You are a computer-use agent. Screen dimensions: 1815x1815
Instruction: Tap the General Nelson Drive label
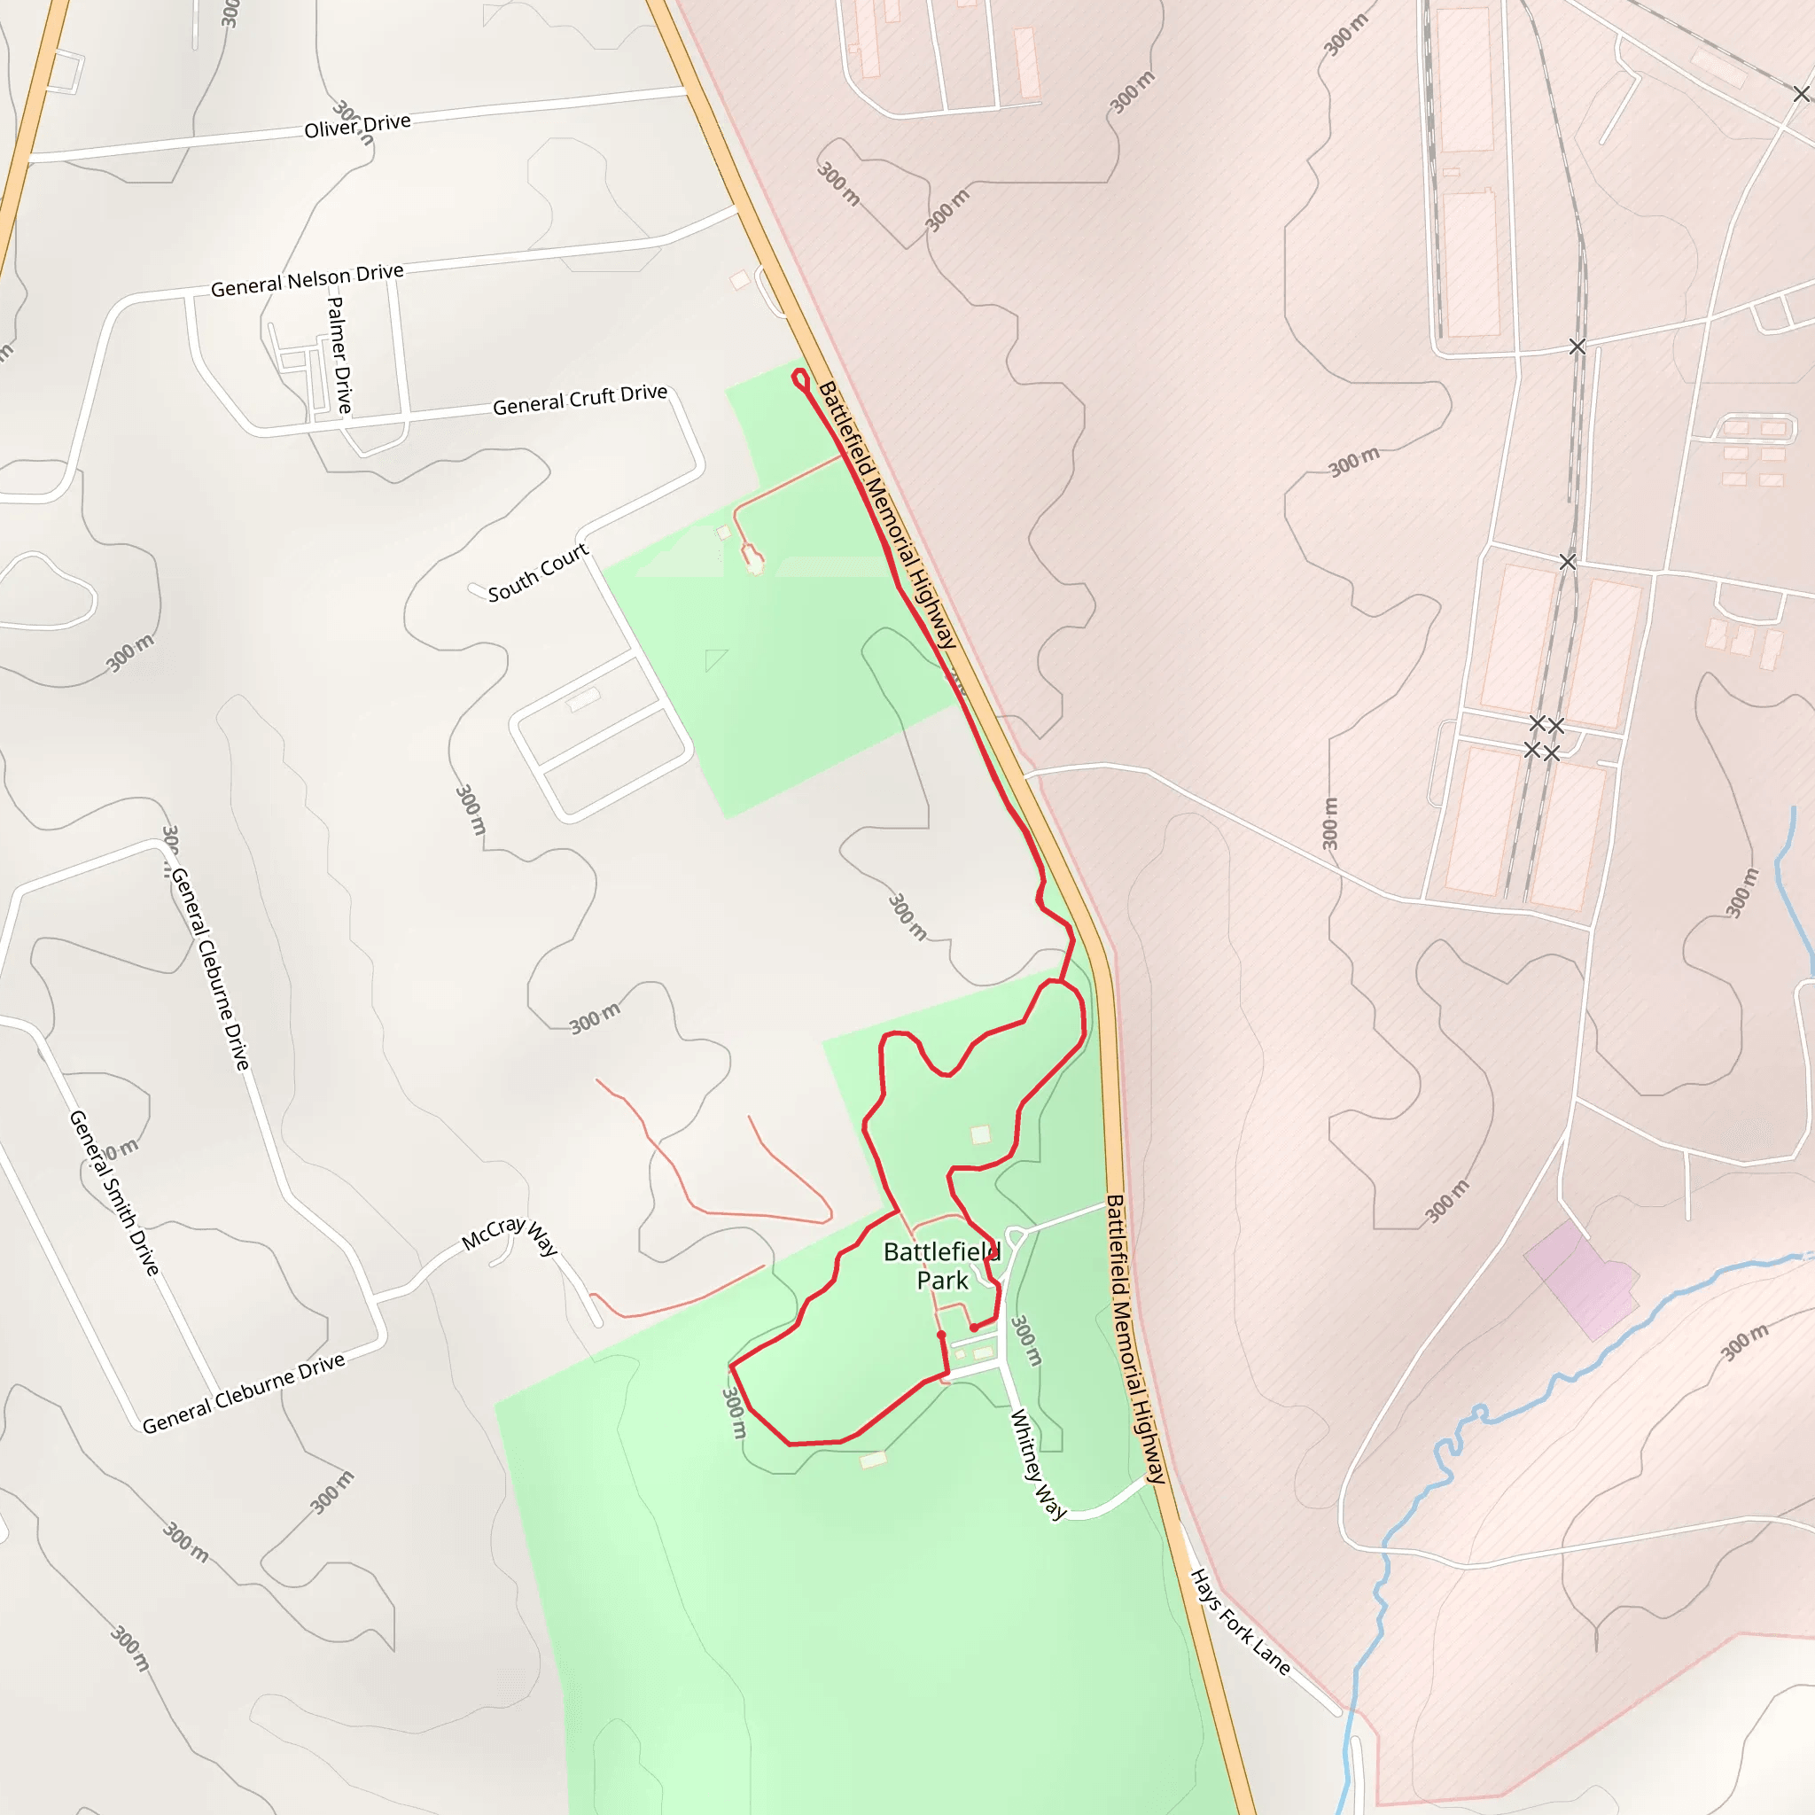(307, 280)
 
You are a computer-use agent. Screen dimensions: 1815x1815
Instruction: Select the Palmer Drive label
(339, 354)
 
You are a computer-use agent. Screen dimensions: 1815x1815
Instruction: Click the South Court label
(537, 573)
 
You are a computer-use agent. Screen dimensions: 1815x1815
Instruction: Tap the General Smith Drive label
(114, 1192)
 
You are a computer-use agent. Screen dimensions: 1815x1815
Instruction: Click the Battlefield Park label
(941, 1266)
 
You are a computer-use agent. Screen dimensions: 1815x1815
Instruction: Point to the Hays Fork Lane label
(1239, 1622)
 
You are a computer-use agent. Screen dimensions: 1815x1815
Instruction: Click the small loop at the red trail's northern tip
(800, 379)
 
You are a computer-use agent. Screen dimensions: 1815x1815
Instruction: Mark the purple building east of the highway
(1582, 1280)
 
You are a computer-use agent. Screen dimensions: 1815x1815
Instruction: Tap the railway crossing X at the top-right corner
(1801, 94)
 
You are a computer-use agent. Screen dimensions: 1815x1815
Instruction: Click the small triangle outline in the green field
(715, 658)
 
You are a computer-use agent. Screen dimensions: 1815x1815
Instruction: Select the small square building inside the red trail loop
(980, 1133)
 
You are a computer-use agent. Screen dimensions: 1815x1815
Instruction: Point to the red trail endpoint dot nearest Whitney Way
(974, 1328)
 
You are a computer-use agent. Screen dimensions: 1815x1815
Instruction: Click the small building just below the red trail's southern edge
(873, 1459)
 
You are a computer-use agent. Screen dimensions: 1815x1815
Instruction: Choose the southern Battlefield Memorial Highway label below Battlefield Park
(1136, 1339)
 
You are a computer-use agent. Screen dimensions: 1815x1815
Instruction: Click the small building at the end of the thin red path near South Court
(753, 561)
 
